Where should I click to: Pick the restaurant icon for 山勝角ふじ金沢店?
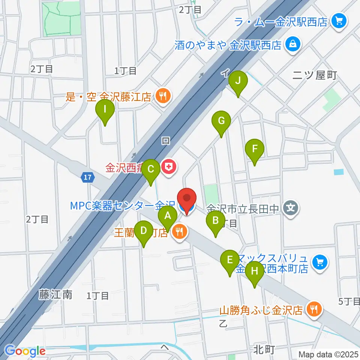(x=314, y=310)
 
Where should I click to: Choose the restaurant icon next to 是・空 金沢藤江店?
(x=162, y=97)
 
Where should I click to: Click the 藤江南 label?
(x=55, y=295)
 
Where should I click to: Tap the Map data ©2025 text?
(x=328, y=354)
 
